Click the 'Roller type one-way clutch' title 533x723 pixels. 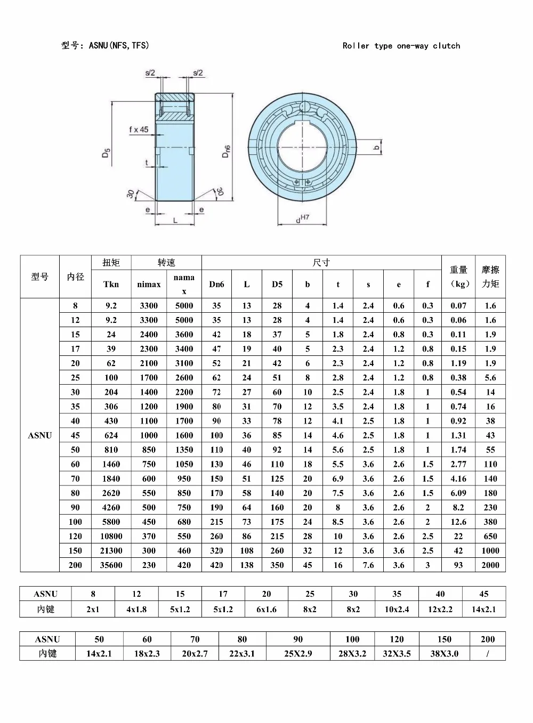tap(401, 46)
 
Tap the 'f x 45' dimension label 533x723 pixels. tap(139, 129)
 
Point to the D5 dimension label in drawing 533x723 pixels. tap(106, 152)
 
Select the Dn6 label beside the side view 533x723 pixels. tap(226, 151)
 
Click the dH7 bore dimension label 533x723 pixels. tap(303, 218)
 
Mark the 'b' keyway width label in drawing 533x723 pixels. tap(376, 148)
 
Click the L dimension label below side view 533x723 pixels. tap(175, 221)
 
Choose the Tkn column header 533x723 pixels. tap(111, 284)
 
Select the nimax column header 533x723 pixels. tap(149, 284)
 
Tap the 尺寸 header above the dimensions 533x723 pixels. tap(321, 263)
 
